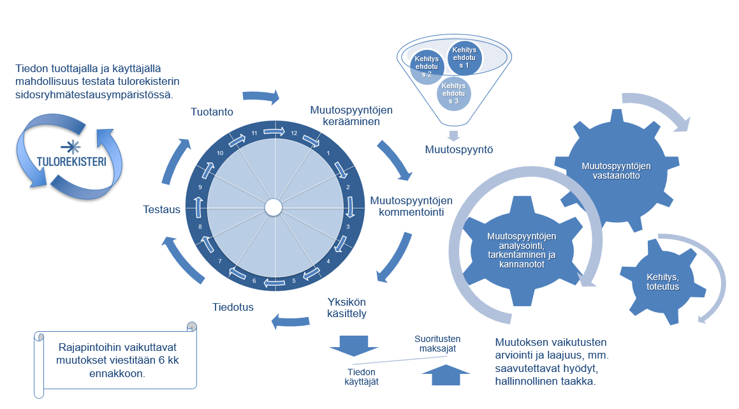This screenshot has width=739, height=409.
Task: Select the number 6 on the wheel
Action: point(254,281)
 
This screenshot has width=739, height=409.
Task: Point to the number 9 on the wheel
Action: point(200,187)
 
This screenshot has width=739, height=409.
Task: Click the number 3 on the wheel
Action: point(348,227)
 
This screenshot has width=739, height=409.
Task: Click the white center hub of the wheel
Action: point(274,207)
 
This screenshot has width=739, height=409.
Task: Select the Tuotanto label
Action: point(212,112)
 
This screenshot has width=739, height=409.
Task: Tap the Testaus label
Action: point(162,209)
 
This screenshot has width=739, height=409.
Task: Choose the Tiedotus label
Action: point(233,307)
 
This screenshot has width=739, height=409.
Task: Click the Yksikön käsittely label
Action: point(346,307)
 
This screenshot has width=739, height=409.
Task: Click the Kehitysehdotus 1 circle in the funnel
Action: point(464,58)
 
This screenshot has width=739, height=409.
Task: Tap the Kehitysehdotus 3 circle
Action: point(453,93)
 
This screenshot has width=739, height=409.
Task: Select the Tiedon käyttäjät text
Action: point(361,376)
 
